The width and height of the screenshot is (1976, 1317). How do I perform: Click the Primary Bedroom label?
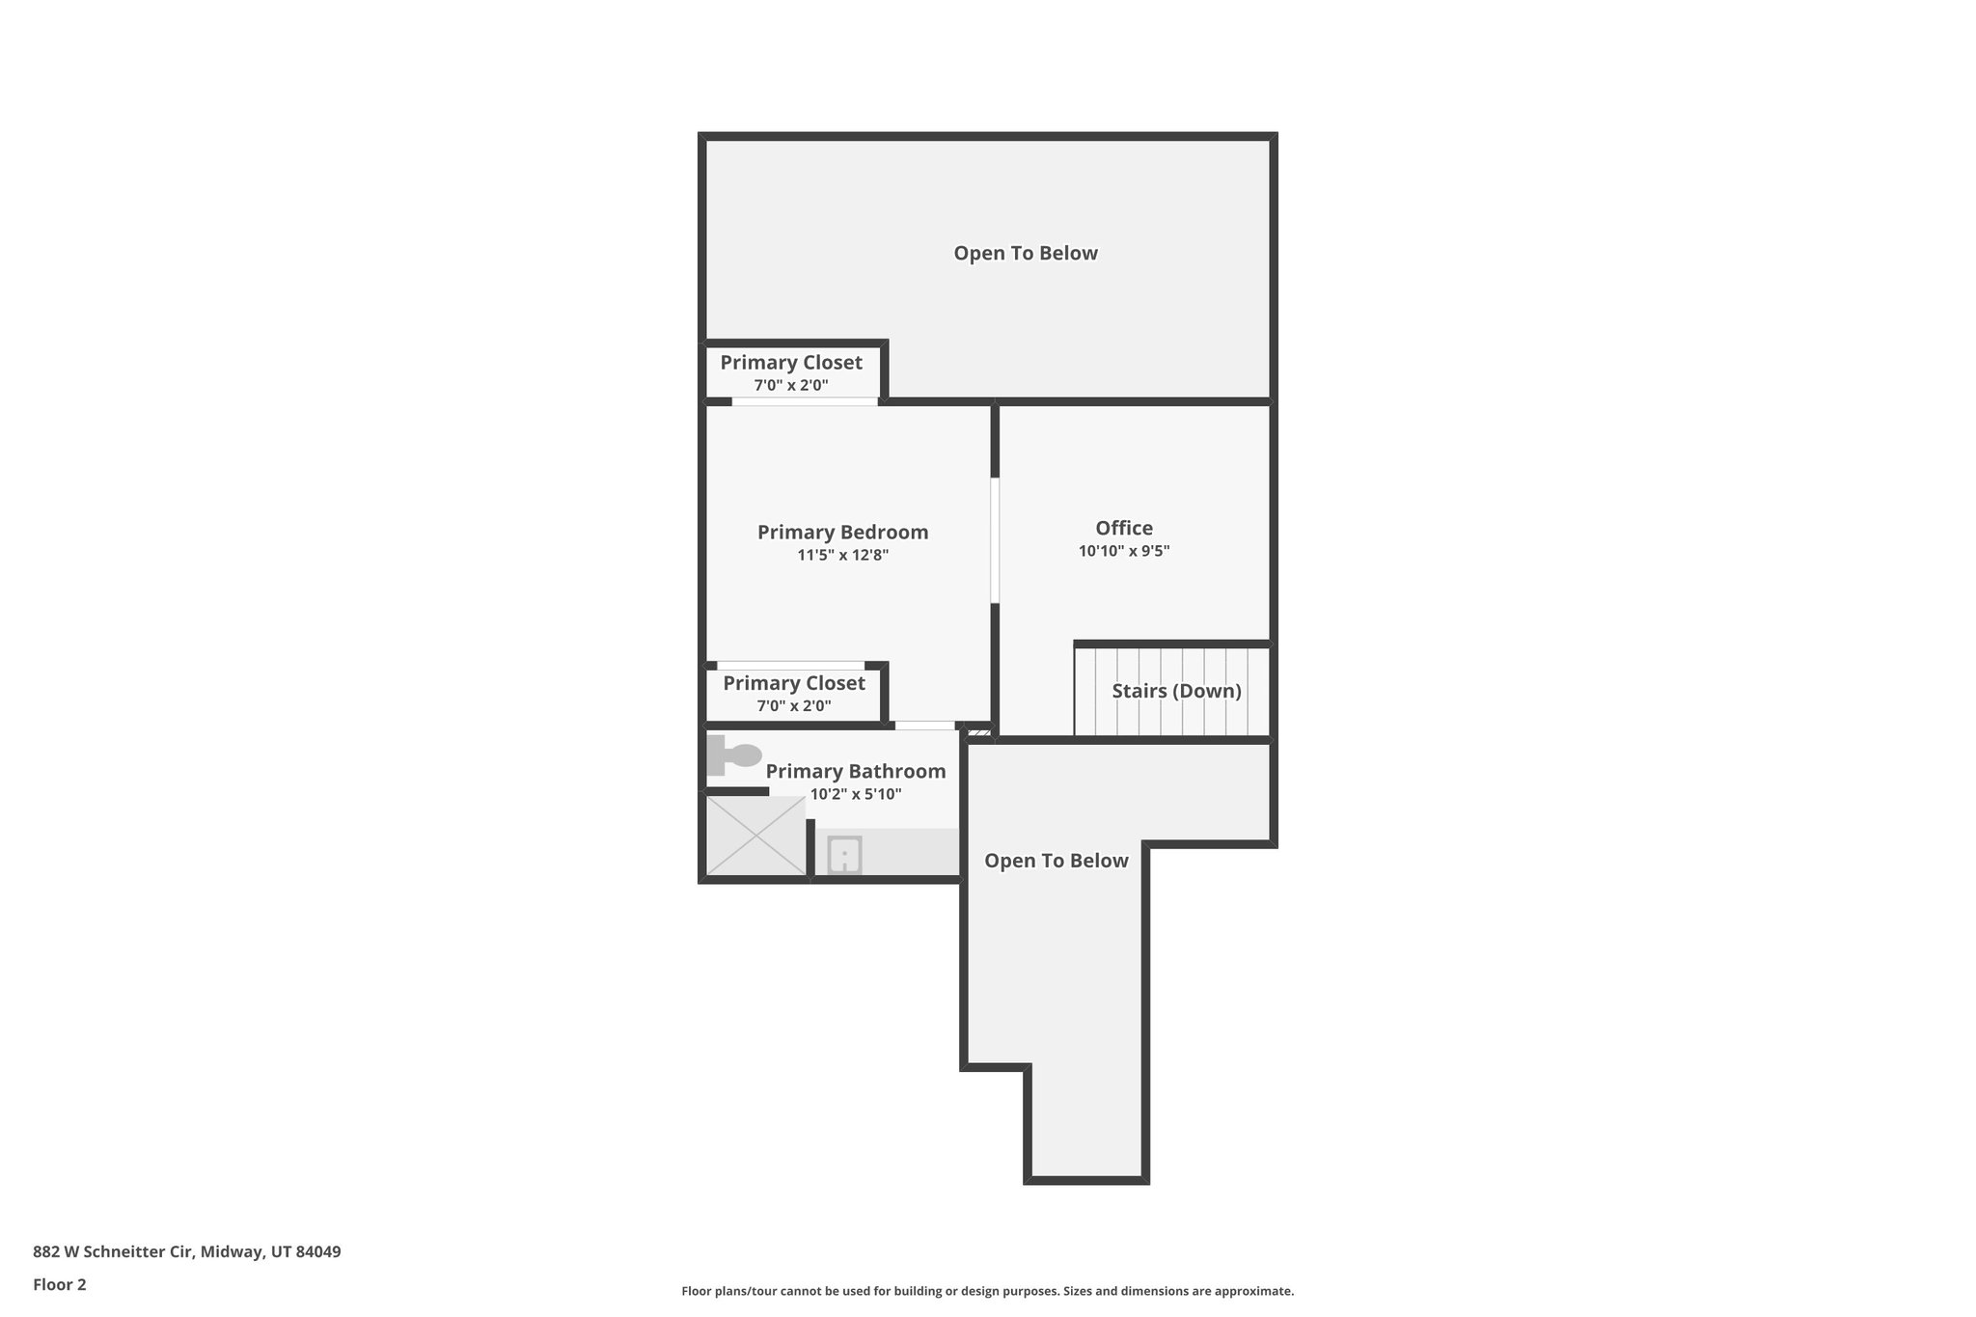point(842,532)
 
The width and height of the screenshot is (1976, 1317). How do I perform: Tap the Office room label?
point(1124,528)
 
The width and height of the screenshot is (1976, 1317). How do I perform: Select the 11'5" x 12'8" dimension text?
point(842,555)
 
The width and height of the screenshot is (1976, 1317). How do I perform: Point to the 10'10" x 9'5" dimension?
point(1124,551)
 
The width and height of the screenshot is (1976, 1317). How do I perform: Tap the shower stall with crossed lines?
point(756,836)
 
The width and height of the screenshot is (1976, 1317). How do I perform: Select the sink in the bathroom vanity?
point(844,855)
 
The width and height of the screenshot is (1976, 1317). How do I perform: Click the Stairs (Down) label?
point(1176,691)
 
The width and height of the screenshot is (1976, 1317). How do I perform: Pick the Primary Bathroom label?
point(855,771)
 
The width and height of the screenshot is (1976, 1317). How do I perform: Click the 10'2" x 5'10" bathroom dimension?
point(855,794)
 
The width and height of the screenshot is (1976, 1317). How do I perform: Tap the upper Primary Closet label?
point(791,363)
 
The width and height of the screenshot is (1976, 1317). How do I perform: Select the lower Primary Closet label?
point(794,683)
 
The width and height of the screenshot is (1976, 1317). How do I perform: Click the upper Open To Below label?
point(1026,253)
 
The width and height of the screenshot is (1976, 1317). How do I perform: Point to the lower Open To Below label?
point(1056,861)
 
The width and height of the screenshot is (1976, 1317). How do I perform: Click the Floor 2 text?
point(60,1284)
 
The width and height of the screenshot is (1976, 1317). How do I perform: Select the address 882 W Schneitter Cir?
point(186,1251)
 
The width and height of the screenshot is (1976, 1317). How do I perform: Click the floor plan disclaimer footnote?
point(987,1291)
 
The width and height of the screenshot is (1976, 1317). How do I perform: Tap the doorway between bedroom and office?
point(995,540)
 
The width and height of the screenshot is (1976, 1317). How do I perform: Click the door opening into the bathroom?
point(924,726)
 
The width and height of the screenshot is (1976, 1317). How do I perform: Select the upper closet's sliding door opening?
point(805,401)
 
